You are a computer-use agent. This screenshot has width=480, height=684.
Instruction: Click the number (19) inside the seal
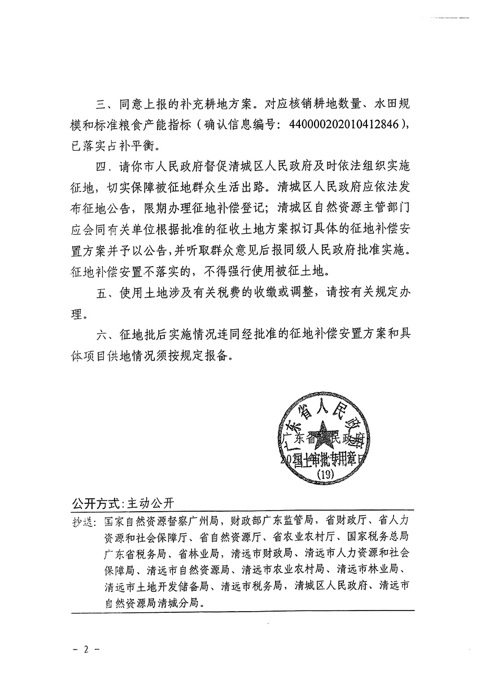click(326, 476)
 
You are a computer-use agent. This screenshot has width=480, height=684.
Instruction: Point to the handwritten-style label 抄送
click(84, 521)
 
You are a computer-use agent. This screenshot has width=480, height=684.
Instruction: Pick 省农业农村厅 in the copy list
click(305, 537)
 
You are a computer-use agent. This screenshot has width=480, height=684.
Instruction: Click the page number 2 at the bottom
click(87, 649)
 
